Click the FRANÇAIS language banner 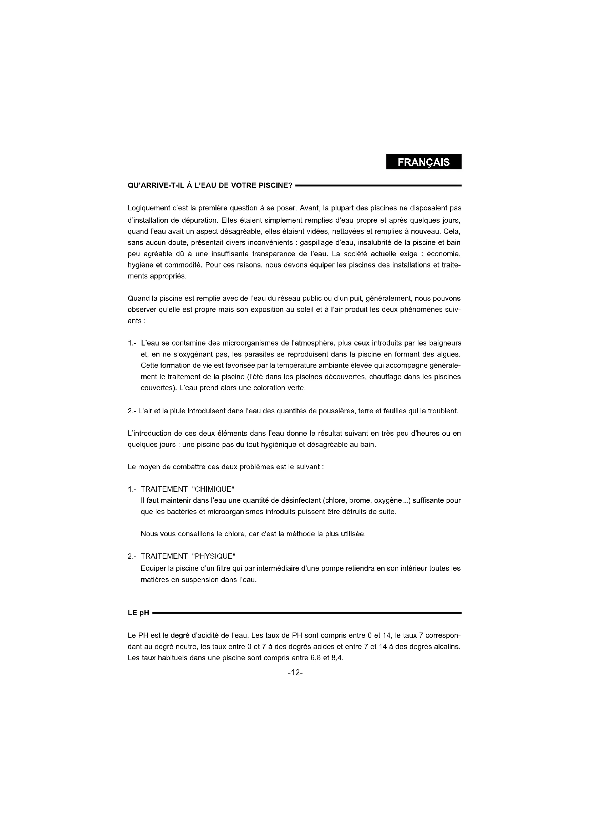(x=423, y=162)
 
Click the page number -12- (x=295, y=673)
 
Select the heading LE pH (x=138, y=613)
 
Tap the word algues (x=450, y=354)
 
